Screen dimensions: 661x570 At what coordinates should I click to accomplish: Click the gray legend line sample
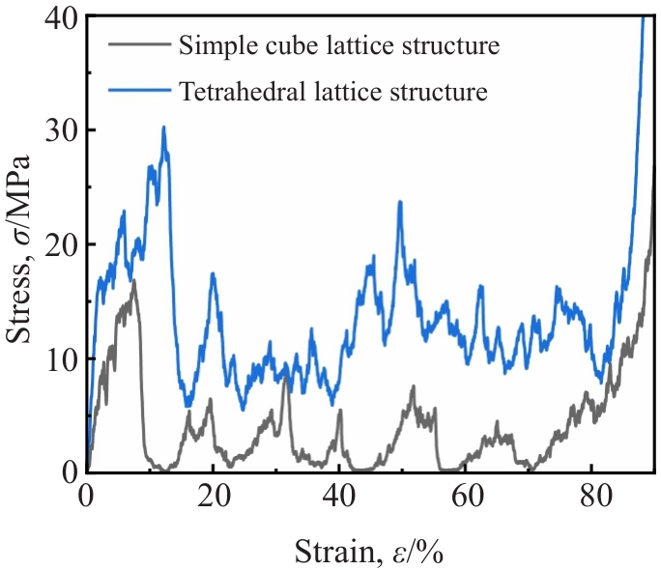point(140,44)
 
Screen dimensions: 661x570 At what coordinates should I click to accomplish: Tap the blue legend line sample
point(140,90)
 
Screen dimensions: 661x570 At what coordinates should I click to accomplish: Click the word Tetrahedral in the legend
point(243,91)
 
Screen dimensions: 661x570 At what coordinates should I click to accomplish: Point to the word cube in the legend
point(292,44)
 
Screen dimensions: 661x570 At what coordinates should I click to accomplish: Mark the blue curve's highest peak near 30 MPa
point(163,127)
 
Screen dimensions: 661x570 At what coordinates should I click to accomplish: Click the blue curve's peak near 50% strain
point(400,202)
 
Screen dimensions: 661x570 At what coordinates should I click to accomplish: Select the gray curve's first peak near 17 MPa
point(134,280)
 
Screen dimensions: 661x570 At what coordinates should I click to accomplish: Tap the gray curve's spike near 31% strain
point(286,376)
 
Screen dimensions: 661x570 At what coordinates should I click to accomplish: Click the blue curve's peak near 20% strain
point(214,273)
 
